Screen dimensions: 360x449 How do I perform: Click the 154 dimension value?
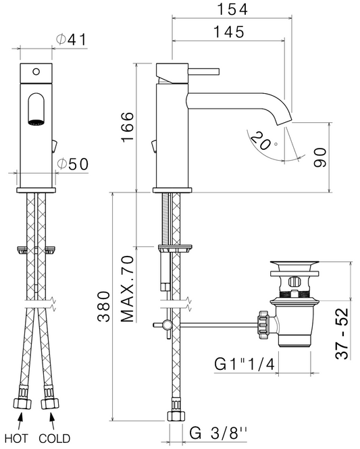[x=232, y=9]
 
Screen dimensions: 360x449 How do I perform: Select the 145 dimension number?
[x=230, y=32]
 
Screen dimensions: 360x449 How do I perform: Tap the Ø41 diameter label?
[x=71, y=39]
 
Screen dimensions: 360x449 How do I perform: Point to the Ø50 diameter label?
[x=72, y=164]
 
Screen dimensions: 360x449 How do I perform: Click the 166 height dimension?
[x=128, y=126]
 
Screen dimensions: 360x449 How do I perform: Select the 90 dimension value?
[x=320, y=157]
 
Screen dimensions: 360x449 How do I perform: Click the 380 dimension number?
[x=103, y=307]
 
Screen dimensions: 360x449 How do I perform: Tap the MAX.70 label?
[x=127, y=289]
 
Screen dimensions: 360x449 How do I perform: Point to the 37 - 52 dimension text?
[x=342, y=334]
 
